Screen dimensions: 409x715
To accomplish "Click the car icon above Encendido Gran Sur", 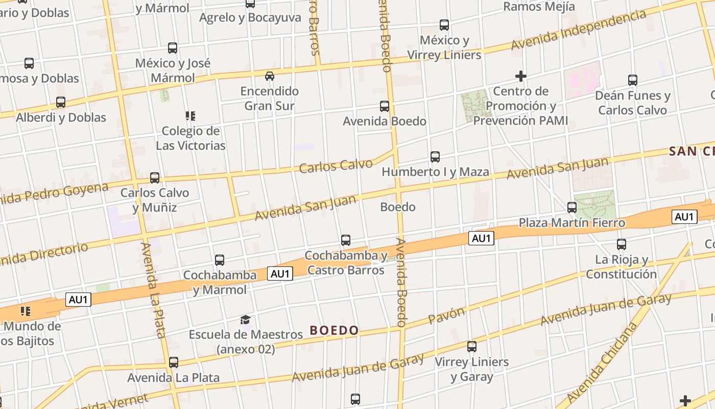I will point(269,76).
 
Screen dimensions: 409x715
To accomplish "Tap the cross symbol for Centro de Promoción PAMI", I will point(521,77).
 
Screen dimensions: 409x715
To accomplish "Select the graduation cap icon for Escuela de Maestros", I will point(246,320).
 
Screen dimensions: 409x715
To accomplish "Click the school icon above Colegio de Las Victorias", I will point(190,116).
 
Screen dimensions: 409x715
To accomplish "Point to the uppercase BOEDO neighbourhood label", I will point(334,330).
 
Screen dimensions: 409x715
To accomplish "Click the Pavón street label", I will point(446,315).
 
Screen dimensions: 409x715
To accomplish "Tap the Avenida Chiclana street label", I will point(603,361).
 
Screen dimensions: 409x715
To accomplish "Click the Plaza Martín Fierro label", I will point(571,223).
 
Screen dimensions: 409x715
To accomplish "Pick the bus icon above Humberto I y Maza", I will point(435,156).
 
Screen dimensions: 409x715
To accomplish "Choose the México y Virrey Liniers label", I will point(444,48).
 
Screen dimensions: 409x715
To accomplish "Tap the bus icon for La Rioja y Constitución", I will point(622,244).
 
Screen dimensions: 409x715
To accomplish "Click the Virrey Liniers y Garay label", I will point(471,369).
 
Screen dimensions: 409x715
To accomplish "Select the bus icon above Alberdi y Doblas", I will point(61,102).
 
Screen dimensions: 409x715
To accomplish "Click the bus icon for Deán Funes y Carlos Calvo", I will point(633,80).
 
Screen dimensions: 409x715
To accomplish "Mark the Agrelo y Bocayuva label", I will point(250,17).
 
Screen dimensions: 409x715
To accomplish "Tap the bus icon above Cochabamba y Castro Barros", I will point(346,240).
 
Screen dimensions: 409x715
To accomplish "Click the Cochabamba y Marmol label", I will point(220,282).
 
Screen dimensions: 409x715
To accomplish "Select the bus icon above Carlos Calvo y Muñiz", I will point(155,178).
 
